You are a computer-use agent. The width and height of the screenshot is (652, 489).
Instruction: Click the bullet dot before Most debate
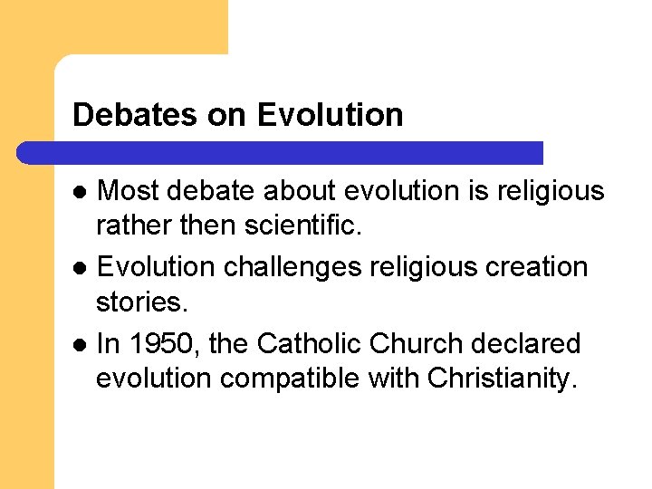click(80, 191)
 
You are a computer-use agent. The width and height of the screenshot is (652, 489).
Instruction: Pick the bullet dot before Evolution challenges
click(80, 268)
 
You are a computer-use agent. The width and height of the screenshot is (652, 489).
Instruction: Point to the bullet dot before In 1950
click(80, 345)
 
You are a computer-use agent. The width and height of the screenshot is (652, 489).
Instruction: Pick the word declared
click(534, 344)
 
